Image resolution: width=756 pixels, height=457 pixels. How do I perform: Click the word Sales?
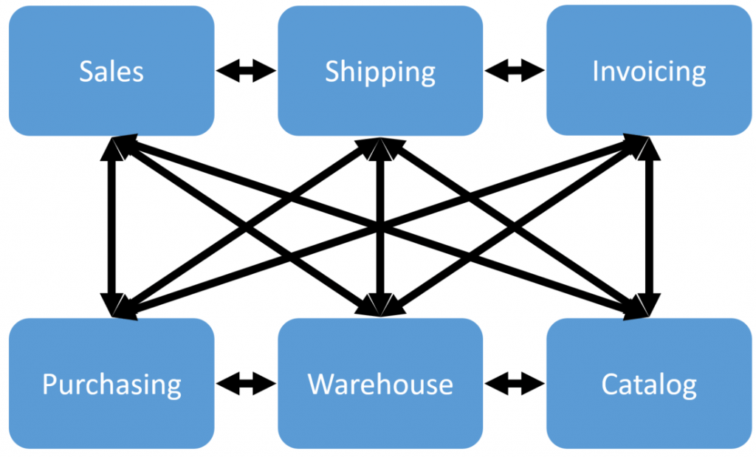(x=111, y=72)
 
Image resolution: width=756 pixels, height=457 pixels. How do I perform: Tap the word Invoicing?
(x=649, y=72)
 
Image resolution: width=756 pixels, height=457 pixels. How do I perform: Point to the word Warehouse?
(x=380, y=385)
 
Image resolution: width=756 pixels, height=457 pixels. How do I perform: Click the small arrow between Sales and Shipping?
(x=246, y=72)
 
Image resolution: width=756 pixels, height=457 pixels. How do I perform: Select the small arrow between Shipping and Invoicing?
(x=515, y=72)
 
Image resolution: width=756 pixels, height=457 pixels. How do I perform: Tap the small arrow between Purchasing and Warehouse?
(x=246, y=384)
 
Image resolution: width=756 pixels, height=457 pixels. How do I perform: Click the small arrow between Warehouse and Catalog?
(x=515, y=384)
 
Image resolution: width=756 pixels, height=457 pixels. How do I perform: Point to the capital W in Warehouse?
(x=320, y=385)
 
